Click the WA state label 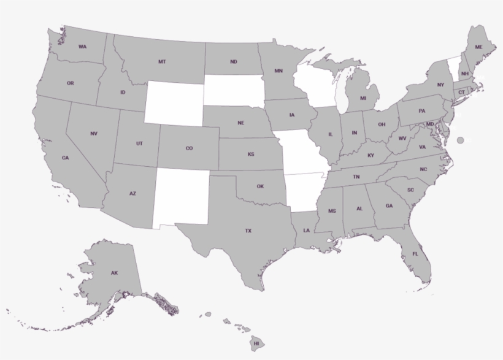click(82, 47)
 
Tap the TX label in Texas click(248, 231)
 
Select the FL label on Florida click(415, 254)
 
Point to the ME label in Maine click(478, 47)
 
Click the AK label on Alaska click(114, 272)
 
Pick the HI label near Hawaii click(256, 343)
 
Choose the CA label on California click(65, 158)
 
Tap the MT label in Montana click(162, 62)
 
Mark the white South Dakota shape click(233, 91)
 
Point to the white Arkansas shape click(304, 191)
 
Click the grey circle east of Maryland click(461, 140)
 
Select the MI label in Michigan click(363, 98)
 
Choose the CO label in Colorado click(189, 148)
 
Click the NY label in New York click(440, 85)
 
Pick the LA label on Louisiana click(305, 231)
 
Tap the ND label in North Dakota click(234, 62)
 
